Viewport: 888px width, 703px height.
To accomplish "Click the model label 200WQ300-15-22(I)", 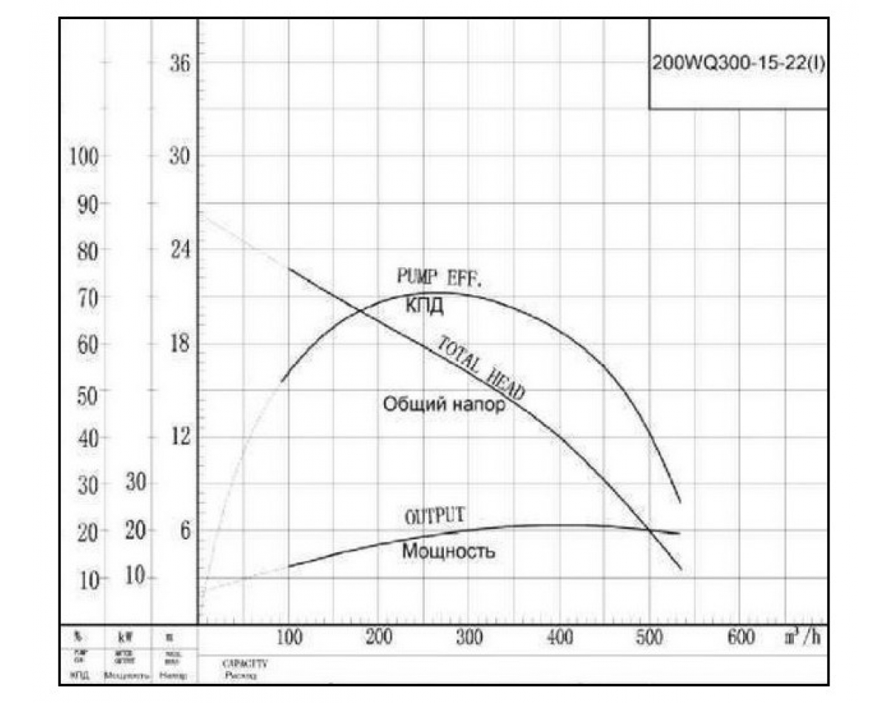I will click(738, 64).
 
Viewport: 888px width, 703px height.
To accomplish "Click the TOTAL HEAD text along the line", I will click(481, 368).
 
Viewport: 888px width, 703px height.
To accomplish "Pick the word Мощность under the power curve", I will click(449, 551).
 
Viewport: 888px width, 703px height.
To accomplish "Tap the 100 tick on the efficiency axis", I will click(84, 157).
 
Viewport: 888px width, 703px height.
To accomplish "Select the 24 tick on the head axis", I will click(180, 250).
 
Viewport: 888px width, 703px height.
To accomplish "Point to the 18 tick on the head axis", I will click(180, 343).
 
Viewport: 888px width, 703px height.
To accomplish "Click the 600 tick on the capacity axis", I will click(741, 637).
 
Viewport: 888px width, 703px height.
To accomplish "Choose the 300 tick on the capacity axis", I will click(469, 637).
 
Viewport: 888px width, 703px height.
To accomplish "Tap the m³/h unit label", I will click(804, 637).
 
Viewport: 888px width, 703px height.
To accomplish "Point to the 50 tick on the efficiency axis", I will click(88, 392).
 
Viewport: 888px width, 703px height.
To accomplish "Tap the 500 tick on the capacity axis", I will click(650, 637).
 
